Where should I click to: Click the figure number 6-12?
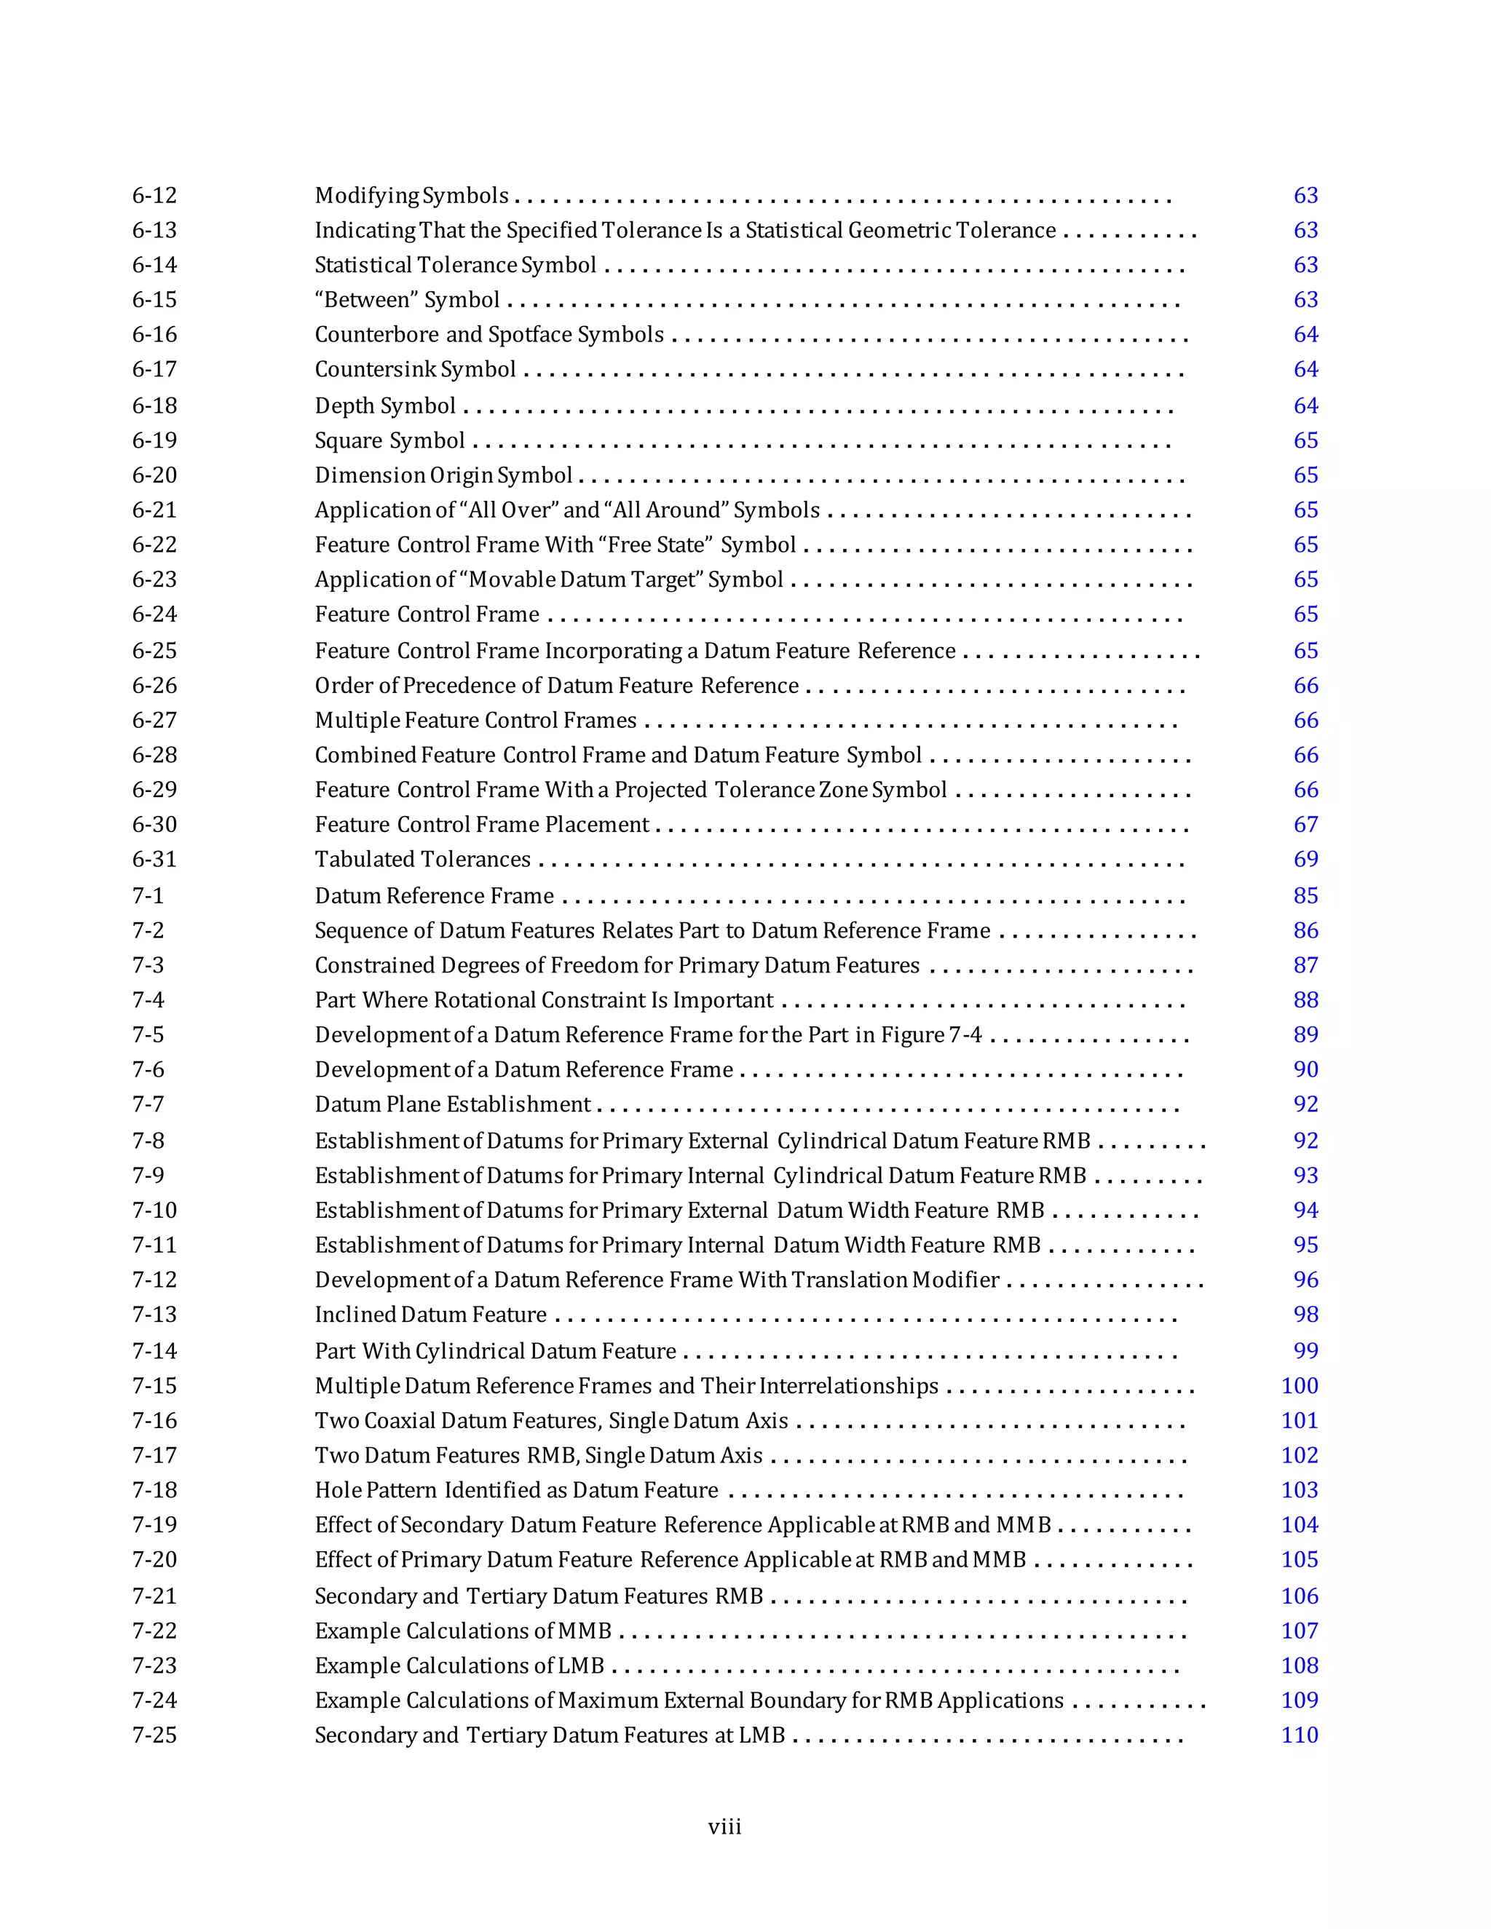coord(154,195)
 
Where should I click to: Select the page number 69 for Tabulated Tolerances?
coord(1305,860)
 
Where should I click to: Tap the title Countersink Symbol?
coord(415,369)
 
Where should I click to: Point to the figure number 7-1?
coord(149,895)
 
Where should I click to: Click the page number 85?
coord(1305,895)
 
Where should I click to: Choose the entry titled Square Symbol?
coord(389,440)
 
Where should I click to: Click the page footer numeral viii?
coord(724,1826)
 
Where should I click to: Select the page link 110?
coord(1300,1735)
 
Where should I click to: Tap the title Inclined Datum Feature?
coord(431,1314)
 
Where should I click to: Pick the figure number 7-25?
coord(154,1735)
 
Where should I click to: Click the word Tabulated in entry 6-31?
coord(357,860)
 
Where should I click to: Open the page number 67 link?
coord(1305,824)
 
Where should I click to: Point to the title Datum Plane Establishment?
coord(452,1104)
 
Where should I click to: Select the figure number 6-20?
coord(154,475)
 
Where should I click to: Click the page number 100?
coord(1300,1386)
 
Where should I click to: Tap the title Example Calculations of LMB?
coord(459,1665)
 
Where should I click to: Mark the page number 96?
coord(1305,1280)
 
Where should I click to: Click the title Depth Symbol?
coord(385,405)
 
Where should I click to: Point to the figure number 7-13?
coord(154,1314)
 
